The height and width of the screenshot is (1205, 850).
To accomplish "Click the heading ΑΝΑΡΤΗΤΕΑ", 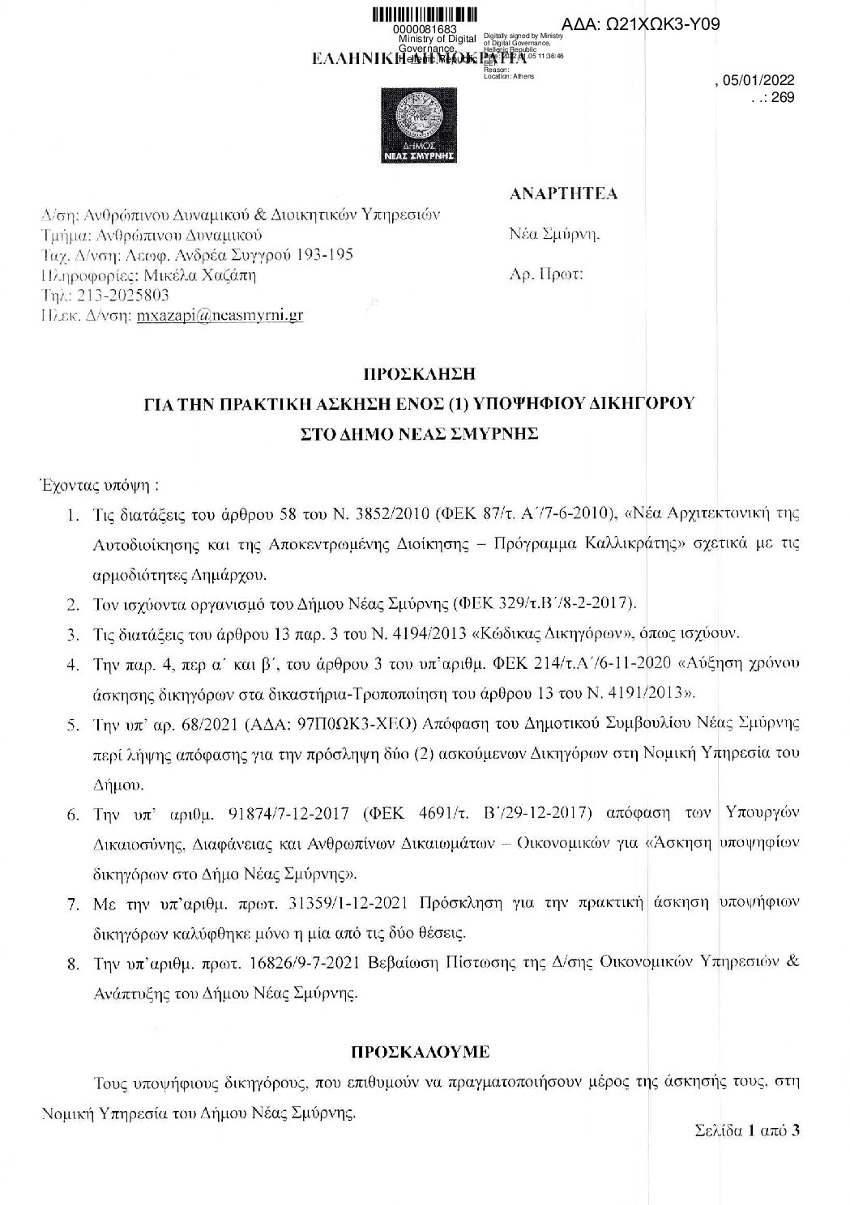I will click(564, 194).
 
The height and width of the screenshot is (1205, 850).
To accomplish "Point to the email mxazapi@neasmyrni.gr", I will click(220, 315).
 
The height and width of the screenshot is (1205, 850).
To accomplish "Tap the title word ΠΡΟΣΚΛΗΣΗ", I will click(417, 374).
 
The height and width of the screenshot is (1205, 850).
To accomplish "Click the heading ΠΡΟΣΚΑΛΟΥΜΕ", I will click(419, 1052).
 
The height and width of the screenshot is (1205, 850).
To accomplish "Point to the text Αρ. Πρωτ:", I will click(546, 274).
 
